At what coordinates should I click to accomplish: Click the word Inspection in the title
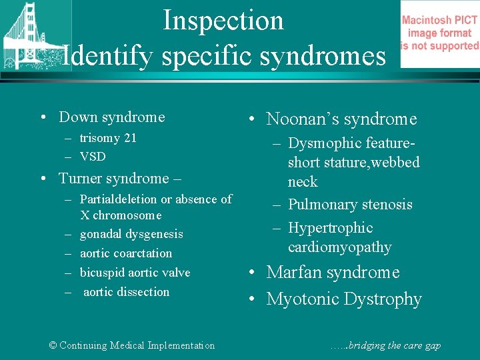(x=223, y=20)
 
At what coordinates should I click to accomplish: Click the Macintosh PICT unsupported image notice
(x=439, y=33)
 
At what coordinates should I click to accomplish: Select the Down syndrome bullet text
(x=111, y=117)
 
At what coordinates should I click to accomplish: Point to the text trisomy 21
(x=108, y=138)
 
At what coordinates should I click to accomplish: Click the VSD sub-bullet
(x=93, y=157)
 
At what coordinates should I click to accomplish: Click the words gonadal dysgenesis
(x=131, y=234)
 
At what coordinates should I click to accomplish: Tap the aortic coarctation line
(x=126, y=253)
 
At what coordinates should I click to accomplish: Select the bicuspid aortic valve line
(x=135, y=273)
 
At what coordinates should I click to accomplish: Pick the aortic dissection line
(x=127, y=292)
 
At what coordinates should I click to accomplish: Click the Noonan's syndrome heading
(x=341, y=119)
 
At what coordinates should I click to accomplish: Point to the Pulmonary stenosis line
(x=350, y=205)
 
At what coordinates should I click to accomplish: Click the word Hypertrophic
(x=330, y=228)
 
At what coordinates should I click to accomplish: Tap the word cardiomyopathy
(x=339, y=247)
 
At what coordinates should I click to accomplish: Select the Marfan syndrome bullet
(x=333, y=273)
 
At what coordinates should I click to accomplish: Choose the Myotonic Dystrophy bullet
(x=344, y=299)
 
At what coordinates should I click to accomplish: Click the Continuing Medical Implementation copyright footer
(x=132, y=345)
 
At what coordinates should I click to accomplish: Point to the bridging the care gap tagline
(x=385, y=345)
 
